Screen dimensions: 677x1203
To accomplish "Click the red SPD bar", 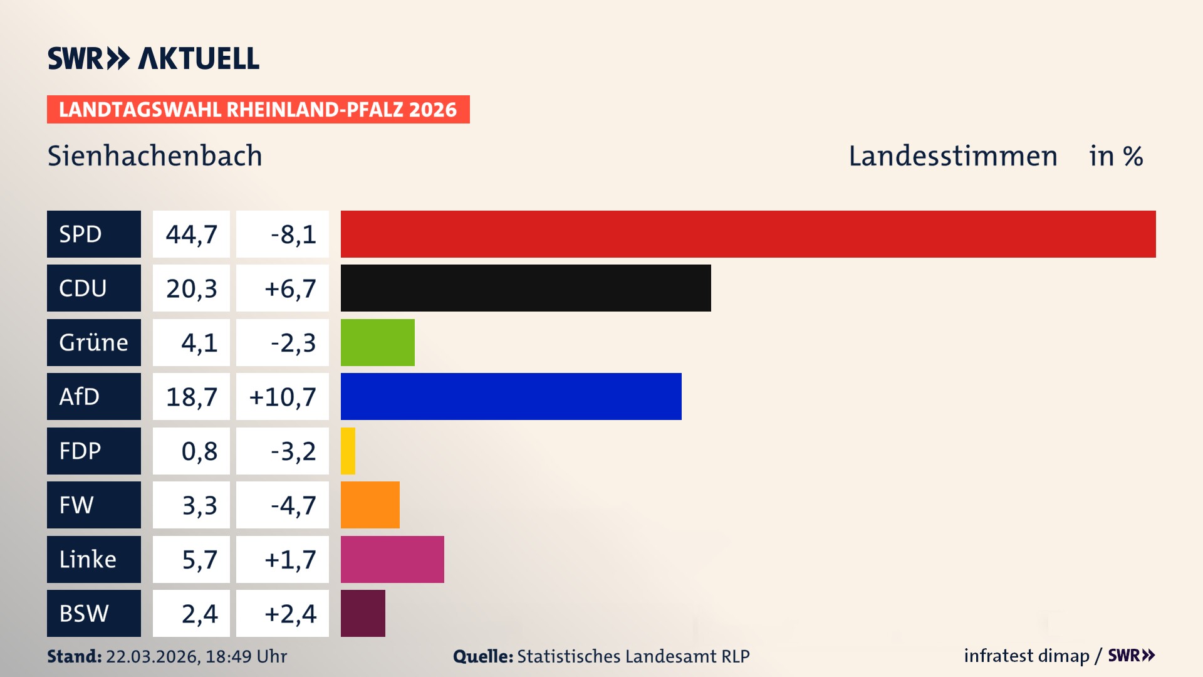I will pos(748,234).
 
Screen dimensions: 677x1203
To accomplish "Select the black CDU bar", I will pos(526,288).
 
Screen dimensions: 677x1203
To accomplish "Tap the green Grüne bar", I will pos(377,342).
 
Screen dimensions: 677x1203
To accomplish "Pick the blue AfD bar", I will pos(511,396).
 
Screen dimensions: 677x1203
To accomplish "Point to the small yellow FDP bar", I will pos(348,451).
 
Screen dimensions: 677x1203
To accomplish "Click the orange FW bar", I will pos(370,505).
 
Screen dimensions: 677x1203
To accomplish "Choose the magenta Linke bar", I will pos(392,559).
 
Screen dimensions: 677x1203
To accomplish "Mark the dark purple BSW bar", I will pos(363,613).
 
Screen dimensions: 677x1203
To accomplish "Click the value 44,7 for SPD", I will pos(191,234).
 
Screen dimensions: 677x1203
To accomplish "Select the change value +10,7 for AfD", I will pos(283,397).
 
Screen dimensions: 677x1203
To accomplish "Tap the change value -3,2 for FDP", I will pos(293,451).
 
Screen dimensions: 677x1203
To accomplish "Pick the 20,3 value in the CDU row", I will pos(191,288).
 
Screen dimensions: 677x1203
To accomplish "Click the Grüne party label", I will pos(93,342).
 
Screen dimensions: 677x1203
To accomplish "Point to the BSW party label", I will pos(84,613).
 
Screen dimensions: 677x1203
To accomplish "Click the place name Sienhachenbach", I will pos(155,156).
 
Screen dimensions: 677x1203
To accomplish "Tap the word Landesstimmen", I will pos(952,156).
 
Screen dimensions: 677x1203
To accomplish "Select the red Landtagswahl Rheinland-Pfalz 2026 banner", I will pos(258,110).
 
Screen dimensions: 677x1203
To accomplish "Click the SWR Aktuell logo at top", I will pos(154,58).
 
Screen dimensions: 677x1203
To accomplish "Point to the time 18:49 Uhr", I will pos(246,656).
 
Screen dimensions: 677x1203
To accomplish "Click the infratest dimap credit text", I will pos(1026,656).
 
